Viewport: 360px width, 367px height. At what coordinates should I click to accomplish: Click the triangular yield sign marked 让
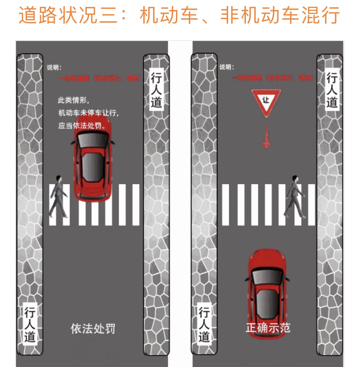pos(266,101)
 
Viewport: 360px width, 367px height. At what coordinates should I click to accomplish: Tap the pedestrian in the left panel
pos(58,197)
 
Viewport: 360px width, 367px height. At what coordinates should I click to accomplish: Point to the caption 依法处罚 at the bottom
pos(93,329)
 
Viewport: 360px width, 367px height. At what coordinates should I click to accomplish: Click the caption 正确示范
pos(268,328)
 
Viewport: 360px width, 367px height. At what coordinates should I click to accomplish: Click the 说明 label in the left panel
pos(54,68)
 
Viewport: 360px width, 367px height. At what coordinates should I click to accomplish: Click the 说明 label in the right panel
pos(226,67)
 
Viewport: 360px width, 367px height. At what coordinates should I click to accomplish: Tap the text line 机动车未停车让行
pos(88,113)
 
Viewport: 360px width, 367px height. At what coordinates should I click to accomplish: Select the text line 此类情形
pos(73,100)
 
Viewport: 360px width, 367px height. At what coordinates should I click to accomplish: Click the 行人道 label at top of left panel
pos(156,90)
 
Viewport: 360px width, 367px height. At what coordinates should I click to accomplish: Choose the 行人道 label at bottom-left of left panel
pos(30,324)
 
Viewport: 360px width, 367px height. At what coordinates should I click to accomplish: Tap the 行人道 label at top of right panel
pos(332,90)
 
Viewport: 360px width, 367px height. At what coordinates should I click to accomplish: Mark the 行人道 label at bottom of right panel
pos(204,324)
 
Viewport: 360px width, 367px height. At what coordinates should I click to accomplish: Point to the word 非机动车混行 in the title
pos(280,15)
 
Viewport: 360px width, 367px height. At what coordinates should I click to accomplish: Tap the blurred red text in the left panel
pos(100,78)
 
